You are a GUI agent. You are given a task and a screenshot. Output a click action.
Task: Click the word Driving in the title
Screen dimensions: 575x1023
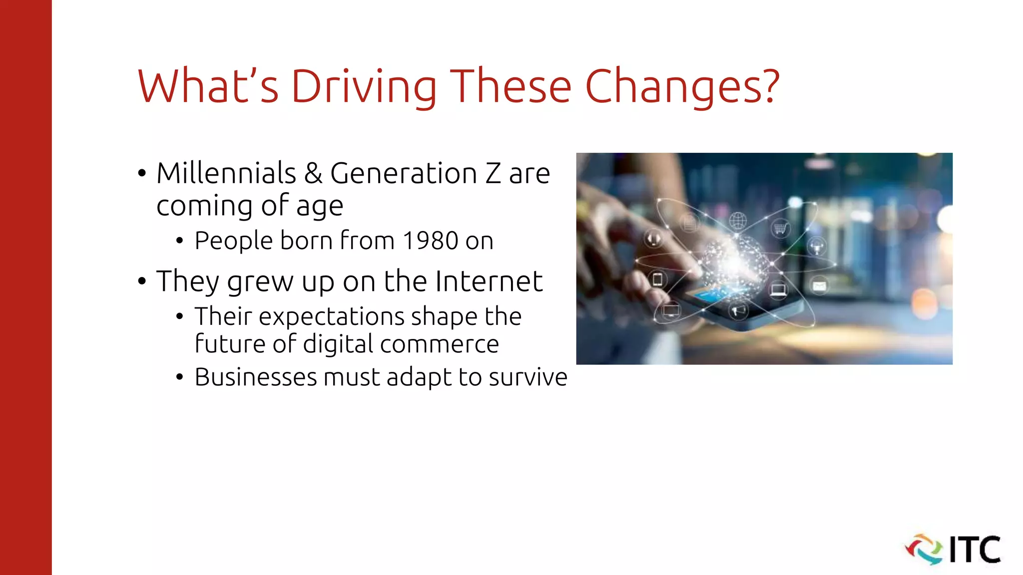364,87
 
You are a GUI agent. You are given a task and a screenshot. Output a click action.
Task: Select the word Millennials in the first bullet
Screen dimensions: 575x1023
226,173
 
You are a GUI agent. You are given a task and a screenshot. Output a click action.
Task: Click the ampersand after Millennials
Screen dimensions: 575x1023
313,173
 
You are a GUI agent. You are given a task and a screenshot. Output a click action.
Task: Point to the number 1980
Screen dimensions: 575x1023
431,241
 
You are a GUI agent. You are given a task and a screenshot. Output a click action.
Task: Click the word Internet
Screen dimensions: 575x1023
489,281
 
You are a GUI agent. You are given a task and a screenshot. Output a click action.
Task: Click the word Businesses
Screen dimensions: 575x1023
256,377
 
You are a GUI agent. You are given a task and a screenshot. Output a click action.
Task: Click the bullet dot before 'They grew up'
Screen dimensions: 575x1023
142,282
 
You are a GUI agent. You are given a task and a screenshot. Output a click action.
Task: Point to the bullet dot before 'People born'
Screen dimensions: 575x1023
180,242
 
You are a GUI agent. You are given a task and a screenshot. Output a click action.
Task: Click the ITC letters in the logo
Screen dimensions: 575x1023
975,550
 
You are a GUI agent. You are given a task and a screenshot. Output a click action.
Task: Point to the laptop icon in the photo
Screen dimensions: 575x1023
778,289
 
